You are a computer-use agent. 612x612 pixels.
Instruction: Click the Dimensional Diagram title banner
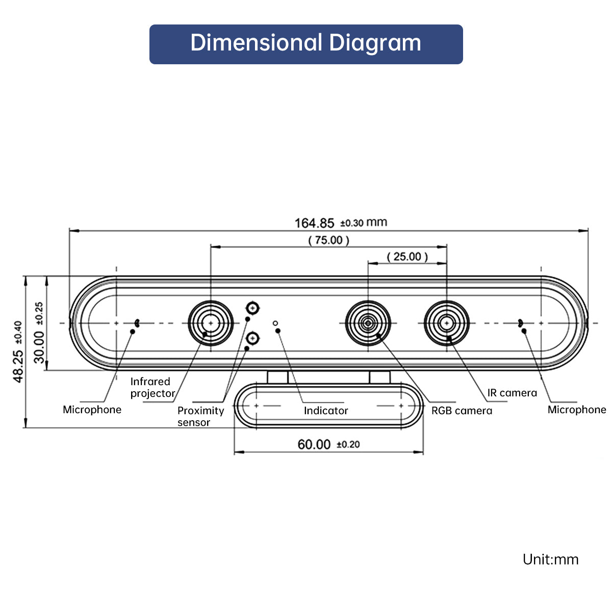pyautogui.click(x=306, y=44)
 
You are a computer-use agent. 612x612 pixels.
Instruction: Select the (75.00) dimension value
pyautogui.click(x=329, y=240)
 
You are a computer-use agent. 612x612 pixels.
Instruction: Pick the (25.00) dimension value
pyautogui.click(x=407, y=257)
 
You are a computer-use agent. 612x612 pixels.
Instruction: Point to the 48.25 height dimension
pyautogui.click(x=18, y=351)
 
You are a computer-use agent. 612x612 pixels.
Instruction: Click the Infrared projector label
pyautogui.click(x=152, y=388)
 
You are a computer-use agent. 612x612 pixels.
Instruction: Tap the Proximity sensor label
pyautogui.click(x=200, y=416)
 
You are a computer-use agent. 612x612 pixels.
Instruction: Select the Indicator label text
pyautogui.click(x=326, y=411)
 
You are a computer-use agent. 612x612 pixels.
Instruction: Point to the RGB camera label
pyautogui.click(x=462, y=411)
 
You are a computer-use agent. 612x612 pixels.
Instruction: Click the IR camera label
pyautogui.click(x=512, y=393)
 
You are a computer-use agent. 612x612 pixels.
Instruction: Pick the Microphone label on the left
pyautogui.click(x=92, y=410)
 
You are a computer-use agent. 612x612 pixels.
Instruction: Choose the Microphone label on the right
pyautogui.click(x=576, y=410)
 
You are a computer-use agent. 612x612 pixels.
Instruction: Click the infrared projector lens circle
pyautogui.click(x=211, y=323)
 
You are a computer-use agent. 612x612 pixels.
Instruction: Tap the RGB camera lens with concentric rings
pyautogui.click(x=368, y=323)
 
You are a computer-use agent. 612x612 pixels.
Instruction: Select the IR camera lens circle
pyautogui.click(x=447, y=323)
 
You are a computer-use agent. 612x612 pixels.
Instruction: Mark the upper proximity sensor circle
pyautogui.click(x=252, y=308)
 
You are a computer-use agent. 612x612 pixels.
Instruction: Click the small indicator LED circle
pyautogui.click(x=275, y=323)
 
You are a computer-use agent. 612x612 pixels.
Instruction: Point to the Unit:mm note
pyautogui.click(x=550, y=559)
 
